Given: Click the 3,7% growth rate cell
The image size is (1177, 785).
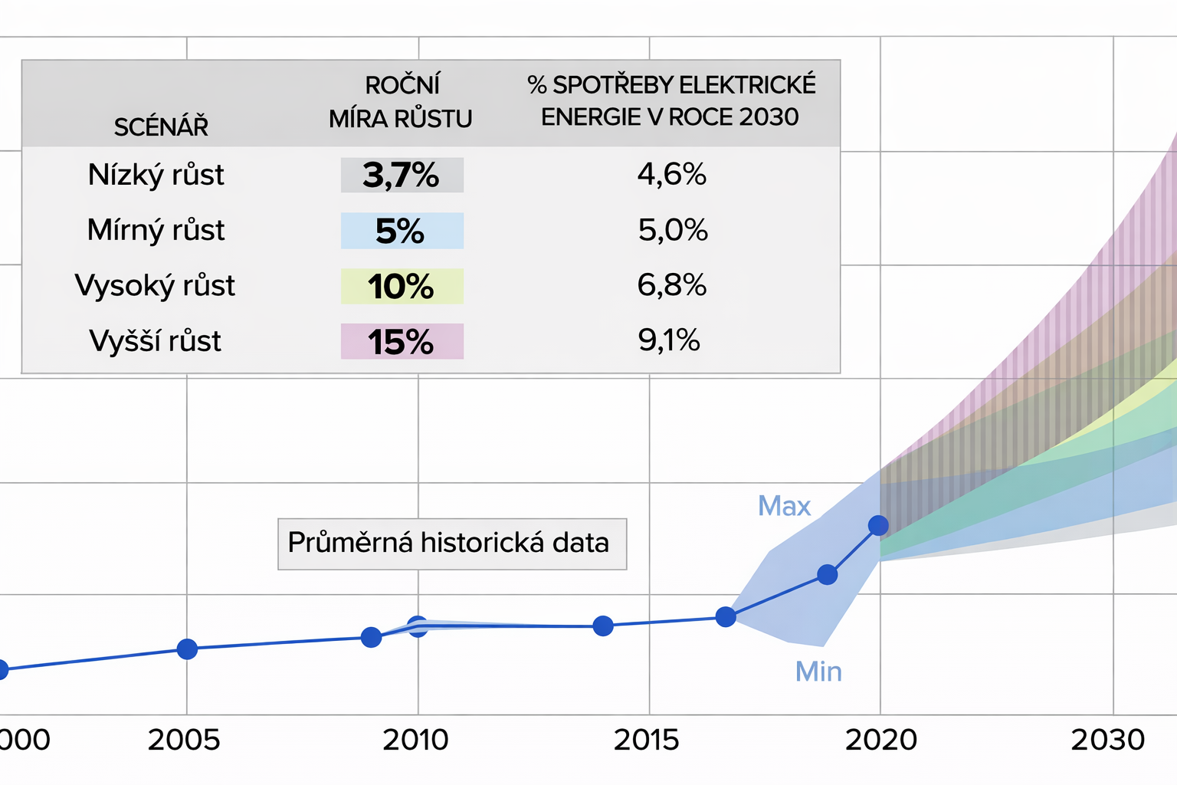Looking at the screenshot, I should click(x=402, y=175).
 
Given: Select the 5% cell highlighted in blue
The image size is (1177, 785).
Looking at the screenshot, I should click(x=402, y=231).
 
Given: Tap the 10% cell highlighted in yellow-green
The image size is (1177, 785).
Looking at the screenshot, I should click(x=402, y=286).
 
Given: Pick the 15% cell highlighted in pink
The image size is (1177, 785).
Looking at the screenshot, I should click(x=402, y=342).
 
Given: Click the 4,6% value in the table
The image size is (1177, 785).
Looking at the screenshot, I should click(x=671, y=175).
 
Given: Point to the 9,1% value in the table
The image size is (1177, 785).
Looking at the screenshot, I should click(x=669, y=340).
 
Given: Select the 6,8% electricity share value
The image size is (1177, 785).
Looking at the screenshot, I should click(x=671, y=285).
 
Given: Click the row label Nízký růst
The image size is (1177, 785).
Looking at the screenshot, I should click(x=156, y=175).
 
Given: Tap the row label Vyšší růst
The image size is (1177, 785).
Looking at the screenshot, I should click(x=156, y=341).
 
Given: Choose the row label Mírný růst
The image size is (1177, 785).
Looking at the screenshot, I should click(x=156, y=230).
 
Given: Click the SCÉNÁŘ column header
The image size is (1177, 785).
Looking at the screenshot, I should click(x=161, y=126).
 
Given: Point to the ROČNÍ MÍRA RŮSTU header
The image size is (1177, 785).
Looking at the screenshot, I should click(x=401, y=101).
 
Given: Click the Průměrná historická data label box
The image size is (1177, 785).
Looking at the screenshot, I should click(x=451, y=544).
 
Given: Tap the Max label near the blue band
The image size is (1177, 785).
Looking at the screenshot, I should click(x=784, y=506).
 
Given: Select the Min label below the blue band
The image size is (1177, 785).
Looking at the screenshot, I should click(x=818, y=672).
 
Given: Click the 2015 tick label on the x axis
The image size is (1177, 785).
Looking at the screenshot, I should click(x=646, y=740).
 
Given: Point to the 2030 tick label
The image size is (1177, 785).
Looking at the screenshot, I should click(x=1108, y=740).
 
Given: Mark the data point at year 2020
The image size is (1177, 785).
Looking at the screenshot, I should click(x=878, y=525).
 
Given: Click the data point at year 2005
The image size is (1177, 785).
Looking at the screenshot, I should click(x=187, y=649).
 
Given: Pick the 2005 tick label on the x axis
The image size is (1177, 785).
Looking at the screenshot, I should click(x=184, y=740).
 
